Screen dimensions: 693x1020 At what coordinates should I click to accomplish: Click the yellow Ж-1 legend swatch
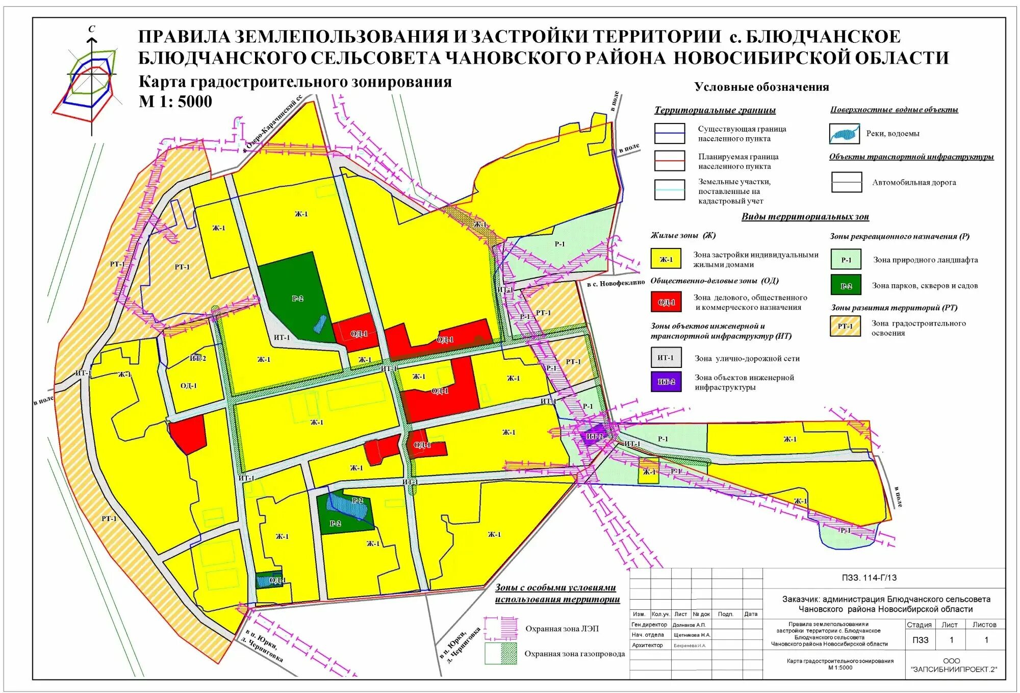(x=666, y=259)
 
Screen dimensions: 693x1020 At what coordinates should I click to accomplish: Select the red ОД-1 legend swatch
(x=666, y=302)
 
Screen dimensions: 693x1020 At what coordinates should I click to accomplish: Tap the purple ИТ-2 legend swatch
(x=666, y=381)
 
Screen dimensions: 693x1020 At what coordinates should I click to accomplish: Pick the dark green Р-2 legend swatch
(x=846, y=285)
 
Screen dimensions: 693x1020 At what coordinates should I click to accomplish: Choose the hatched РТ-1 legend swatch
(x=845, y=326)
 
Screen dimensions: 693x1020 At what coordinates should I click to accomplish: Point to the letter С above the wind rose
(x=92, y=29)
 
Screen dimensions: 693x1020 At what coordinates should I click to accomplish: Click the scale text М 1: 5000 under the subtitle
(x=175, y=102)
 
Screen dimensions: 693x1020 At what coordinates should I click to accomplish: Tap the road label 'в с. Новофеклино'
(x=616, y=283)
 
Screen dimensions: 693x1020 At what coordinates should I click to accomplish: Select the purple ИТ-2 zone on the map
(x=594, y=437)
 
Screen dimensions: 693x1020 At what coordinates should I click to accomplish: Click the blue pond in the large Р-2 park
(x=320, y=324)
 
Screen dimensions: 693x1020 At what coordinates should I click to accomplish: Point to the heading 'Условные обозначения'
(x=761, y=87)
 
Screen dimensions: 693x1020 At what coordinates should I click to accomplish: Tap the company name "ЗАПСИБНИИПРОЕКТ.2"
(x=953, y=669)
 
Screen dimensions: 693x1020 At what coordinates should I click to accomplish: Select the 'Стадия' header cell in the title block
(x=919, y=625)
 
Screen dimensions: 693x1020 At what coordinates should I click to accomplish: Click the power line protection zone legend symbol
(x=501, y=628)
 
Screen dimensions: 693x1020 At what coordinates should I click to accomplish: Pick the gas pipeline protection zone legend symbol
(x=501, y=654)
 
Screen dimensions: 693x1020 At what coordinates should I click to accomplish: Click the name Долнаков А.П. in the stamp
(x=689, y=625)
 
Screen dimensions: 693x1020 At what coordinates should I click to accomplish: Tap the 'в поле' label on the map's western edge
(x=44, y=400)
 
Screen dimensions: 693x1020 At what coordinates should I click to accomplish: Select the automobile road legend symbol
(x=846, y=182)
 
